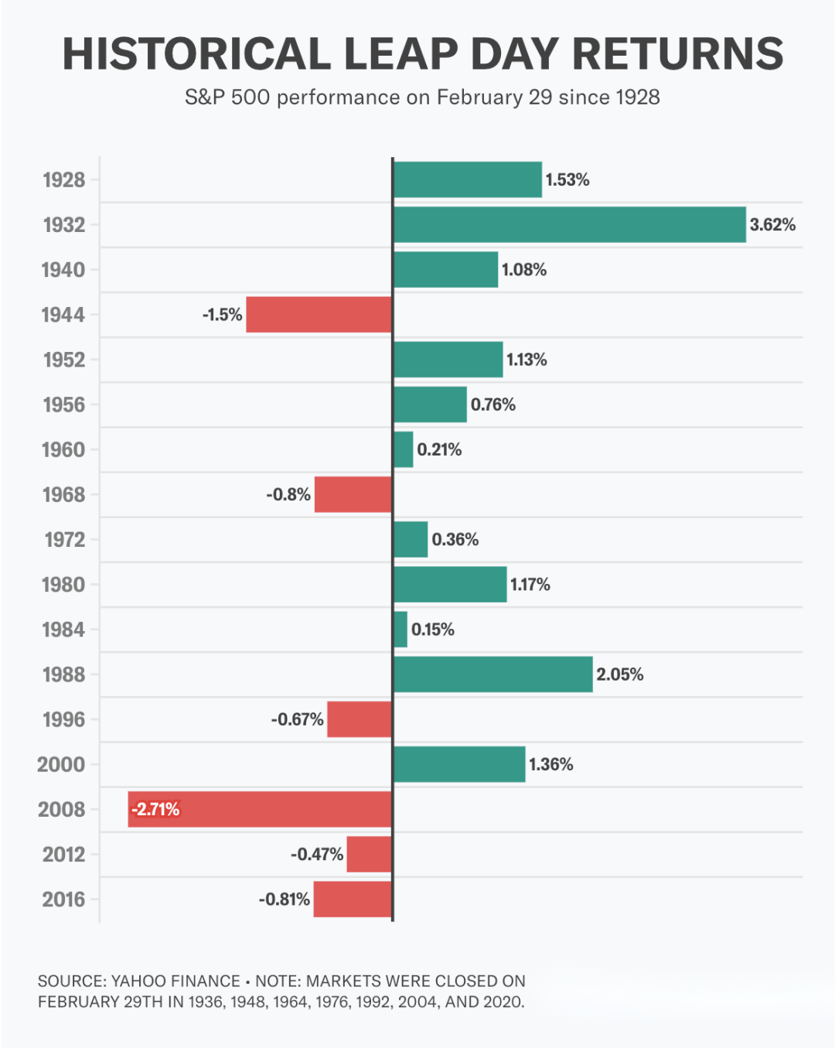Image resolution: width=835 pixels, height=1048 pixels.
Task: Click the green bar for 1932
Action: (570, 224)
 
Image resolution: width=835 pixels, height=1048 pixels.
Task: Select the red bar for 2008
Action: (260, 809)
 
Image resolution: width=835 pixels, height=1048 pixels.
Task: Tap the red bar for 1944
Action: (319, 315)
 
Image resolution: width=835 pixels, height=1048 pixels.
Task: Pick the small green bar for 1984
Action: (400, 630)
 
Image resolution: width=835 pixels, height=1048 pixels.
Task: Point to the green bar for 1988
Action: (493, 674)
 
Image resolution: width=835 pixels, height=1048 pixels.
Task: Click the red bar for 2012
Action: (370, 854)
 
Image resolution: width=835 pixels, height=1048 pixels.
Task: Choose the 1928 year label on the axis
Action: (64, 180)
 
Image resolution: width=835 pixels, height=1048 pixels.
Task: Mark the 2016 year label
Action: (63, 900)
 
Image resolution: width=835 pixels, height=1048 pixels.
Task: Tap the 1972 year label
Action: (65, 540)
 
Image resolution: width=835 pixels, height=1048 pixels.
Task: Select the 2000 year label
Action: (61, 765)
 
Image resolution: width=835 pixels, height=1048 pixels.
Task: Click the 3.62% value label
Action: (772, 224)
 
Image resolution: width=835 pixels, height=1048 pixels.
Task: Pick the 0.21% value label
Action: (439, 449)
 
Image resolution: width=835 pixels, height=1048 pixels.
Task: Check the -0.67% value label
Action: (298, 719)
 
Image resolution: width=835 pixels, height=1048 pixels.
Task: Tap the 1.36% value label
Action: (551, 765)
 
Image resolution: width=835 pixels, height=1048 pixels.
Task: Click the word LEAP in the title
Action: (401, 53)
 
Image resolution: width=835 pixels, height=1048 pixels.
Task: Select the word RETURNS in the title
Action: (678, 53)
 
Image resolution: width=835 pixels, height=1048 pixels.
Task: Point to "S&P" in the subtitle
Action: (204, 97)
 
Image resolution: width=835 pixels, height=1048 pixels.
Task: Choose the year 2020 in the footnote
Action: (503, 1002)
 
